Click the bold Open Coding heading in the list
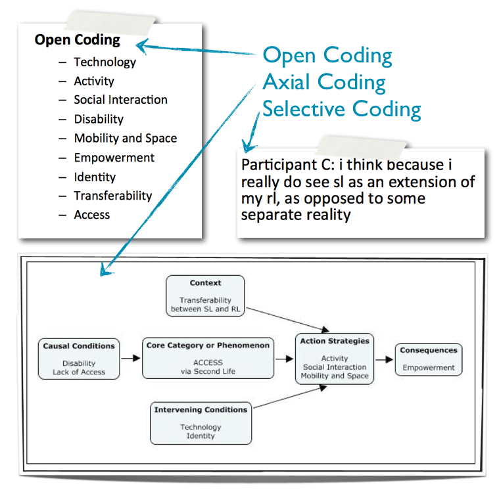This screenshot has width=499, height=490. coord(77,40)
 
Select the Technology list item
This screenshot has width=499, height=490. coord(105,62)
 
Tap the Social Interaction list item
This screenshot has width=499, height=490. coord(120,100)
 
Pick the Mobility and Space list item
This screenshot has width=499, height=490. coord(125,139)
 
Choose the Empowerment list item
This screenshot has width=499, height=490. coord(114,158)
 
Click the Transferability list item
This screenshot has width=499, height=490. coord(112,196)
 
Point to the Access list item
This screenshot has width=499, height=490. coord(91,215)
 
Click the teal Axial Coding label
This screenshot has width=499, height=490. coord(324,82)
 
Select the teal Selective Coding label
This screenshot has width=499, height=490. coord(342,108)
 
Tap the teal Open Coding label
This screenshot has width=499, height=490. coord(327,56)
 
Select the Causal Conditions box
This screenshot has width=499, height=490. coord(79,358)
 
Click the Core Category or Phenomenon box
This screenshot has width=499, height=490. coord(208,358)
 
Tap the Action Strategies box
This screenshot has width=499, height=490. coord(335,359)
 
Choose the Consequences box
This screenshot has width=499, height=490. coord(429,359)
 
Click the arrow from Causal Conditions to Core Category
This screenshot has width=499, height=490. coord(131,358)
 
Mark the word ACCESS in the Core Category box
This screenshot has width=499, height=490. coord(208,362)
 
